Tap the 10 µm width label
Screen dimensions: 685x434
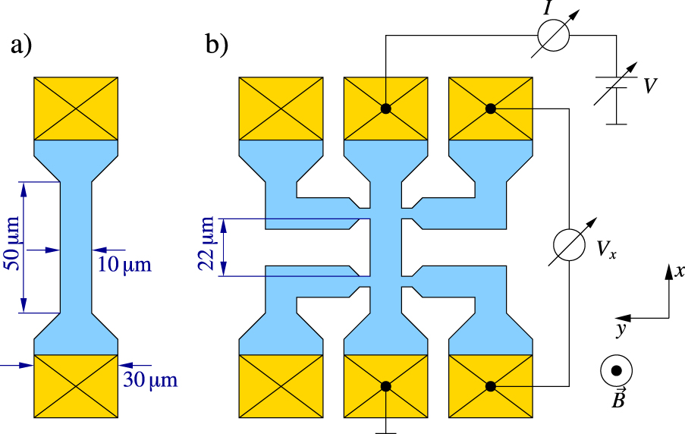click(124, 264)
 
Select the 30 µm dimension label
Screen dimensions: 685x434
click(150, 379)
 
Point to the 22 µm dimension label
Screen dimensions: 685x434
click(206, 244)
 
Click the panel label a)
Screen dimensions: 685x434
click(21, 46)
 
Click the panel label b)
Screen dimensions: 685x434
click(217, 45)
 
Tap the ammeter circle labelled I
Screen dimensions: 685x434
click(554, 35)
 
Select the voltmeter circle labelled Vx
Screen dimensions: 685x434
click(569, 245)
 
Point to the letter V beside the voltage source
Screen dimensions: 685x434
click(650, 86)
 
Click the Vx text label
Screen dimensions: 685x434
click(606, 250)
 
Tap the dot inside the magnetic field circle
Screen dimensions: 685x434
click(617, 370)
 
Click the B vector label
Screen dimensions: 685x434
click(618, 398)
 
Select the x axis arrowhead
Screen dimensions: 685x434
click(669, 272)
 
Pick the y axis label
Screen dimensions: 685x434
click(621, 329)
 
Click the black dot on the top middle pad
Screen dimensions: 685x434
click(386, 108)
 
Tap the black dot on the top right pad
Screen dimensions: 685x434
click(491, 108)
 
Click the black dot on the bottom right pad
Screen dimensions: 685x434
click(491, 386)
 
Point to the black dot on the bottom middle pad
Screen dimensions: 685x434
click(386, 386)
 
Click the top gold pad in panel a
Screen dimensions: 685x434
click(76, 108)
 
